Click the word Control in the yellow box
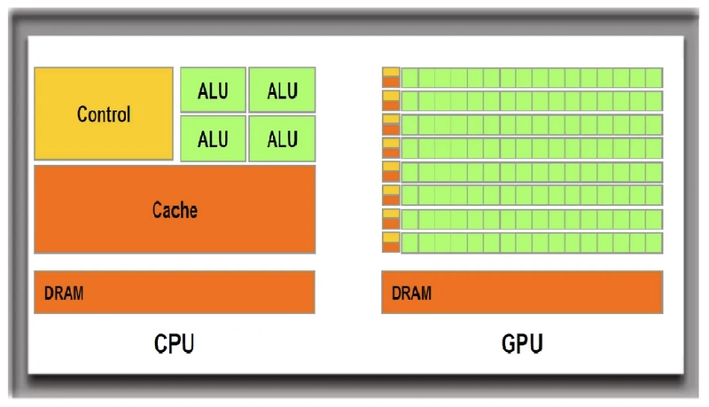pyautogui.click(x=104, y=114)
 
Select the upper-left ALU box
pyautogui.click(x=213, y=90)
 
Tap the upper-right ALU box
pyautogui.click(x=282, y=90)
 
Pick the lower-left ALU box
pyautogui.click(x=213, y=139)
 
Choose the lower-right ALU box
pyautogui.click(x=282, y=139)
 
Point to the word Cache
pyautogui.click(x=175, y=210)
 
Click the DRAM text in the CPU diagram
pyautogui.click(x=64, y=293)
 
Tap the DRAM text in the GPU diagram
pyautogui.click(x=411, y=293)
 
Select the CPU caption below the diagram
pyautogui.click(x=174, y=342)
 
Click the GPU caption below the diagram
pyautogui.click(x=523, y=342)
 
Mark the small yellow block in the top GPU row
pyautogui.click(x=391, y=72)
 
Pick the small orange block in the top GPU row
pyautogui.click(x=391, y=82)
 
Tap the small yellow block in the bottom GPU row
pyautogui.click(x=391, y=238)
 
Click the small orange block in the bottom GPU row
pyautogui.click(x=391, y=247)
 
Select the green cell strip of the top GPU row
pyautogui.click(x=532, y=77)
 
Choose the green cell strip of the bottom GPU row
pyautogui.click(x=532, y=243)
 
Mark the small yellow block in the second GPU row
pyautogui.click(x=391, y=96)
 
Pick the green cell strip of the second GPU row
pyautogui.click(x=532, y=100)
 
